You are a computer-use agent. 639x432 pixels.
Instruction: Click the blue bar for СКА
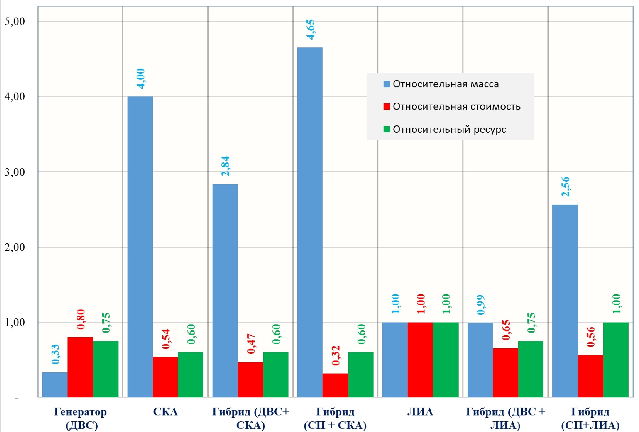(140, 247)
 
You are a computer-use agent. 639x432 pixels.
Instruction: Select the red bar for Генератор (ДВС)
(80, 367)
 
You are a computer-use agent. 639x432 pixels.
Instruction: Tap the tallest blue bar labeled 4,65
(310, 222)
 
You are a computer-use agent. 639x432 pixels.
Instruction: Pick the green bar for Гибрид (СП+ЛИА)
(616, 360)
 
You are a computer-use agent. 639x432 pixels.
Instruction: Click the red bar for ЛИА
(420, 360)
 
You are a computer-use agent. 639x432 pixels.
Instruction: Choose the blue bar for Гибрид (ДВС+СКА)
(225, 291)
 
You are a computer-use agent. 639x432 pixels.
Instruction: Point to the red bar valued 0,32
(335, 385)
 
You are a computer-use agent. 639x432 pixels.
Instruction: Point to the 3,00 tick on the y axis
(15, 172)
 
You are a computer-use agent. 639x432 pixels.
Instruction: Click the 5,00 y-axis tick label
(15, 21)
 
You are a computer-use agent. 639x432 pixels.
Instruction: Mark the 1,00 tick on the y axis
(15, 323)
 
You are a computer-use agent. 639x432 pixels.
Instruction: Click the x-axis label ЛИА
(420, 412)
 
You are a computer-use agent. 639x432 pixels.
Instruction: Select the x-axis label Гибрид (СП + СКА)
(335, 418)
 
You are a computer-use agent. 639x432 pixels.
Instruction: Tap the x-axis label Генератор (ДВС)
(80, 418)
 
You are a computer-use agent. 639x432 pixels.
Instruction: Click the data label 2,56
(565, 186)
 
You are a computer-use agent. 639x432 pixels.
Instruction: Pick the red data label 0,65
(506, 330)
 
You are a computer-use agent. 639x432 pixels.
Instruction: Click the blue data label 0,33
(55, 354)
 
